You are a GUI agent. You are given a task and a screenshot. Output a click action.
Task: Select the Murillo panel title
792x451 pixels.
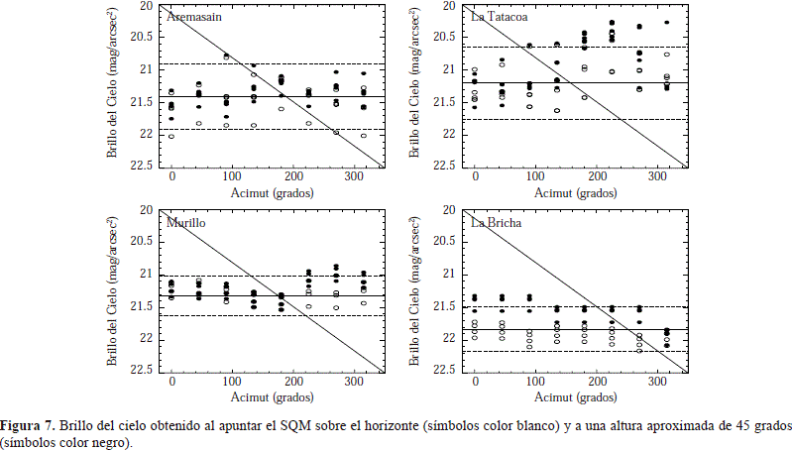coord(186,223)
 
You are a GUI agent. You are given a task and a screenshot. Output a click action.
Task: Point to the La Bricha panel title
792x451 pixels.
coord(495,223)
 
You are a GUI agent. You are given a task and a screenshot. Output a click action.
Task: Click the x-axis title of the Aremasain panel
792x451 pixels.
coord(271,191)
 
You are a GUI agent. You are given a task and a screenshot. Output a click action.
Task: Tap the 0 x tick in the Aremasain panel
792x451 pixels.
coord(171,177)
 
